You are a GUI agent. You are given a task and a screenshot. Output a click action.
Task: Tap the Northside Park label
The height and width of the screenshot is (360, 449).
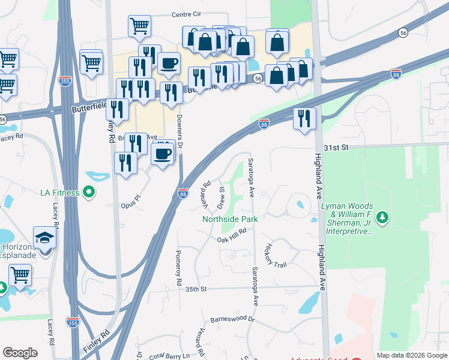point(230,219)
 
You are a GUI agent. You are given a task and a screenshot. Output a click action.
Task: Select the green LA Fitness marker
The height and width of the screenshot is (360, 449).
point(89,193)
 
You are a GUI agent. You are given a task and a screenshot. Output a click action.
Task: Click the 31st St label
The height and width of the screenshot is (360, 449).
point(337,148)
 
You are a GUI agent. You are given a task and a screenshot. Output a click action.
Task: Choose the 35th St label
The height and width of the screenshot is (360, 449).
point(196,289)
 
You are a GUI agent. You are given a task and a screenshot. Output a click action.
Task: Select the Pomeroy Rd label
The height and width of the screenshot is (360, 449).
point(178,267)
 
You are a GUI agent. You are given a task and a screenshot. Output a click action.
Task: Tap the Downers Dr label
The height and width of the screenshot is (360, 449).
point(179,126)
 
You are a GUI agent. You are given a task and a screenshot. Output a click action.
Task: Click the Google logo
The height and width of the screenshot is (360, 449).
point(20,353)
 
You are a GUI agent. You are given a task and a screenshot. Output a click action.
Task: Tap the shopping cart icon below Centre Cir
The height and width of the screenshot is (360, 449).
point(139,26)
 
